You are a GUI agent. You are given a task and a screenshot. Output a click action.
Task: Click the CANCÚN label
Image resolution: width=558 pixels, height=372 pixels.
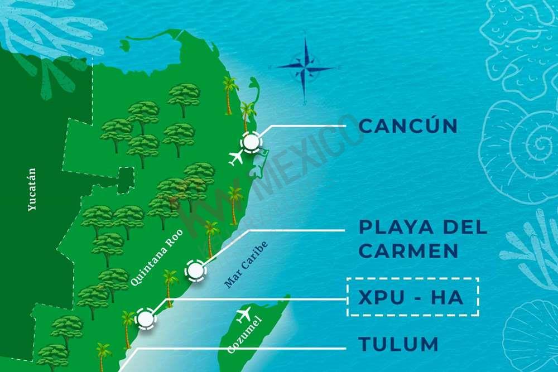coord(408,126)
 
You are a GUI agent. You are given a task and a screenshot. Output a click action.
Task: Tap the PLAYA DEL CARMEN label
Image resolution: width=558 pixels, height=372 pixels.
coord(423,238)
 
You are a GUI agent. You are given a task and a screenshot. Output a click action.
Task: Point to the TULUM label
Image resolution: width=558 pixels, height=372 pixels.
coord(398,344)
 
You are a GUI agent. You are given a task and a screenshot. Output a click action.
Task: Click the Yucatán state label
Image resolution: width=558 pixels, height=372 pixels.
coord(32,190)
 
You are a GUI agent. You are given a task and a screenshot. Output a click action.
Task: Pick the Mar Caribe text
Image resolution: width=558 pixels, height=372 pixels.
coord(246,264)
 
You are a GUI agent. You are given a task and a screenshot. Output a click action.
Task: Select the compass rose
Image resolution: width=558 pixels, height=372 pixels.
coord(305,68)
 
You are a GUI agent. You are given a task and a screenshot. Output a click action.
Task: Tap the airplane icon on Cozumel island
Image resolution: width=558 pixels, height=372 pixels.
coord(244,316)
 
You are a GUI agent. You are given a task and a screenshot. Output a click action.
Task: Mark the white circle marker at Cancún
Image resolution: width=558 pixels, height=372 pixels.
coord(251,143)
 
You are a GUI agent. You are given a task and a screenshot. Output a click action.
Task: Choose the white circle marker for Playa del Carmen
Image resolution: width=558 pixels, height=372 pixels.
coord(195,271)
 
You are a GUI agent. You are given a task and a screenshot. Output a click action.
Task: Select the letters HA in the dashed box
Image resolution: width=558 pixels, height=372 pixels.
coord(447,297)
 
